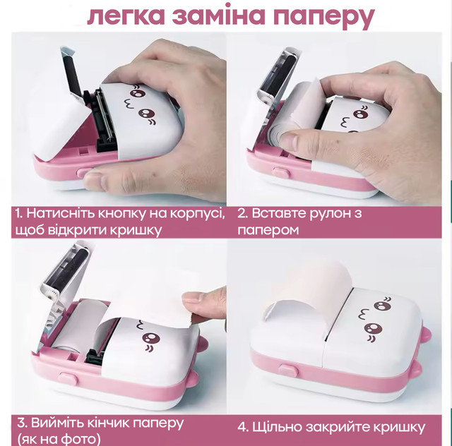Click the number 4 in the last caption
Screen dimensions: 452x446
243,427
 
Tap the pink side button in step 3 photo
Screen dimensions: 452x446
68,378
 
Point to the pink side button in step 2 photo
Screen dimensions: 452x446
282,172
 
